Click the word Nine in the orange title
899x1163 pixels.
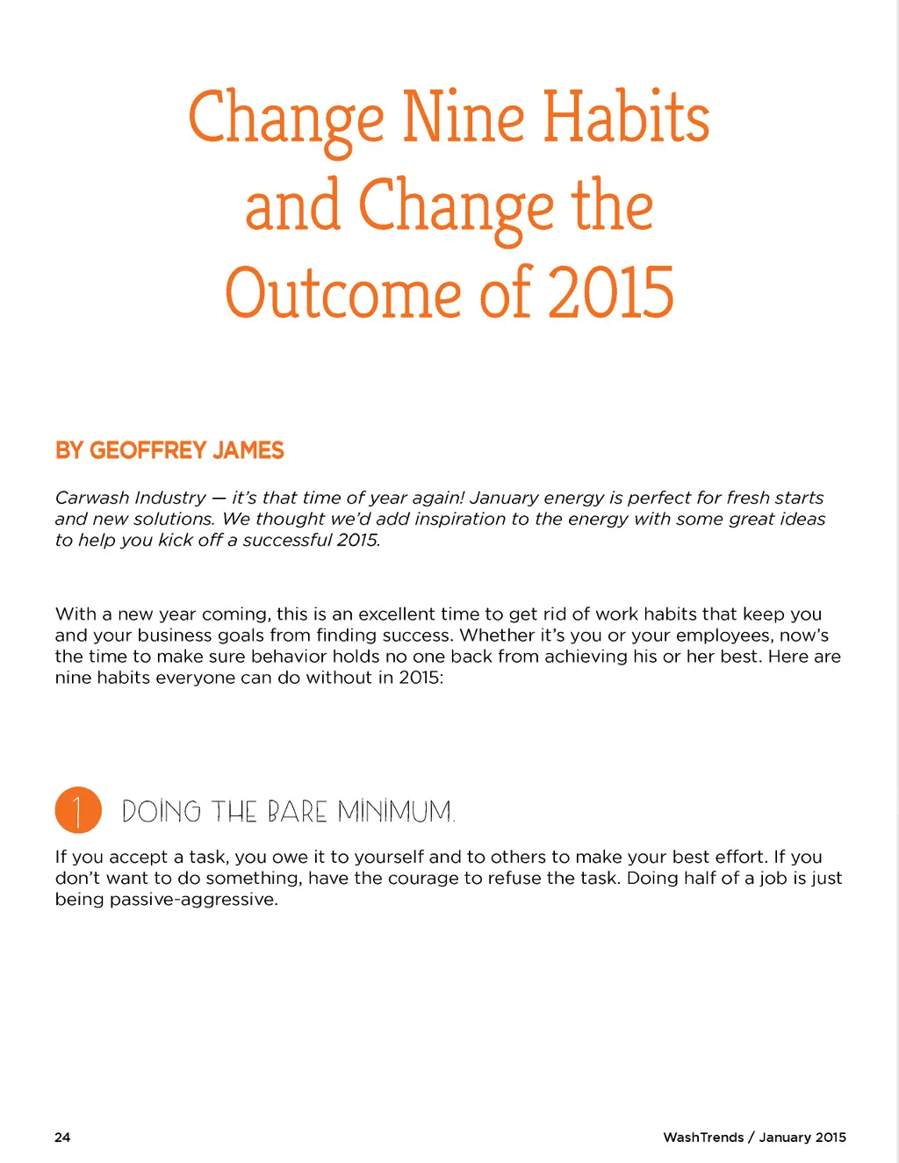point(464,118)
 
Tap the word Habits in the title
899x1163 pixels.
point(626,118)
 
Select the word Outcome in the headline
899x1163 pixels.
point(343,293)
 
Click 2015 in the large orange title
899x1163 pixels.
point(611,293)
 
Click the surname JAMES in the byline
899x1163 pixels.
point(248,450)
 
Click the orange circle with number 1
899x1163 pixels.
point(78,809)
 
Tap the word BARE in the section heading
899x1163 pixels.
point(297,811)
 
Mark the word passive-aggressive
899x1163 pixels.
point(193,899)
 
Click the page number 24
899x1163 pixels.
point(62,1137)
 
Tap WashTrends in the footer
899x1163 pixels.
point(703,1137)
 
